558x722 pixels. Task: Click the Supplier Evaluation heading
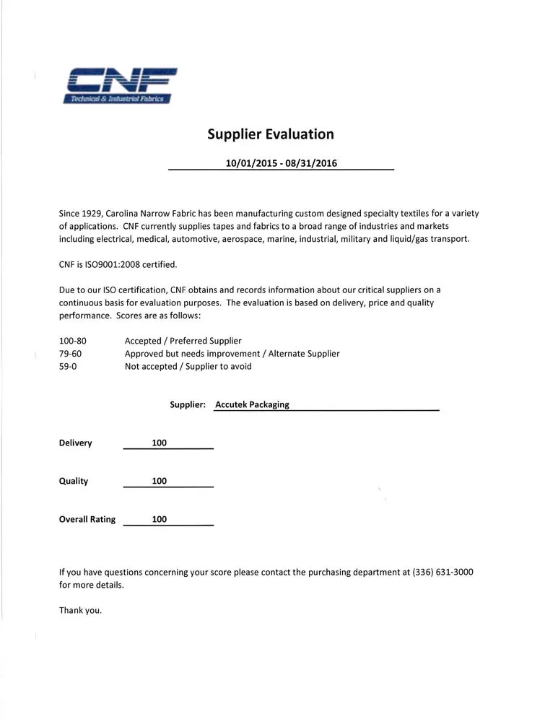click(x=271, y=134)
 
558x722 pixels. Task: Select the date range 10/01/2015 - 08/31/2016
click(x=282, y=163)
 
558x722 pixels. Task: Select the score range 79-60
click(x=70, y=354)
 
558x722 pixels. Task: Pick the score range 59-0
click(x=68, y=367)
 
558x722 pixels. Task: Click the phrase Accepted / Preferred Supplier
click(x=183, y=341)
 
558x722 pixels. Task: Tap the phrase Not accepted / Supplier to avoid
click(x=188, y=367)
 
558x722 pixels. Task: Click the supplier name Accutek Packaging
click(x=252, y=405)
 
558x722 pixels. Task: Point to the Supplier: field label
click(x=188, y=405)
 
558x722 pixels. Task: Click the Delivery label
click(x=76, y=443)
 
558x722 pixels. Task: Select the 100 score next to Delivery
click(x=160, y=443)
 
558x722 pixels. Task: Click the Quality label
click(x=74, y=482)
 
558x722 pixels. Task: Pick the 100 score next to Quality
click(x=160, y=482)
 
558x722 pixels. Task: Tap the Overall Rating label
click(x=87, y=520)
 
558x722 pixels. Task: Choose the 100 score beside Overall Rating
click(x=160, y=520)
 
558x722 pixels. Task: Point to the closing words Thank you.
click(x=80, y=611)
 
